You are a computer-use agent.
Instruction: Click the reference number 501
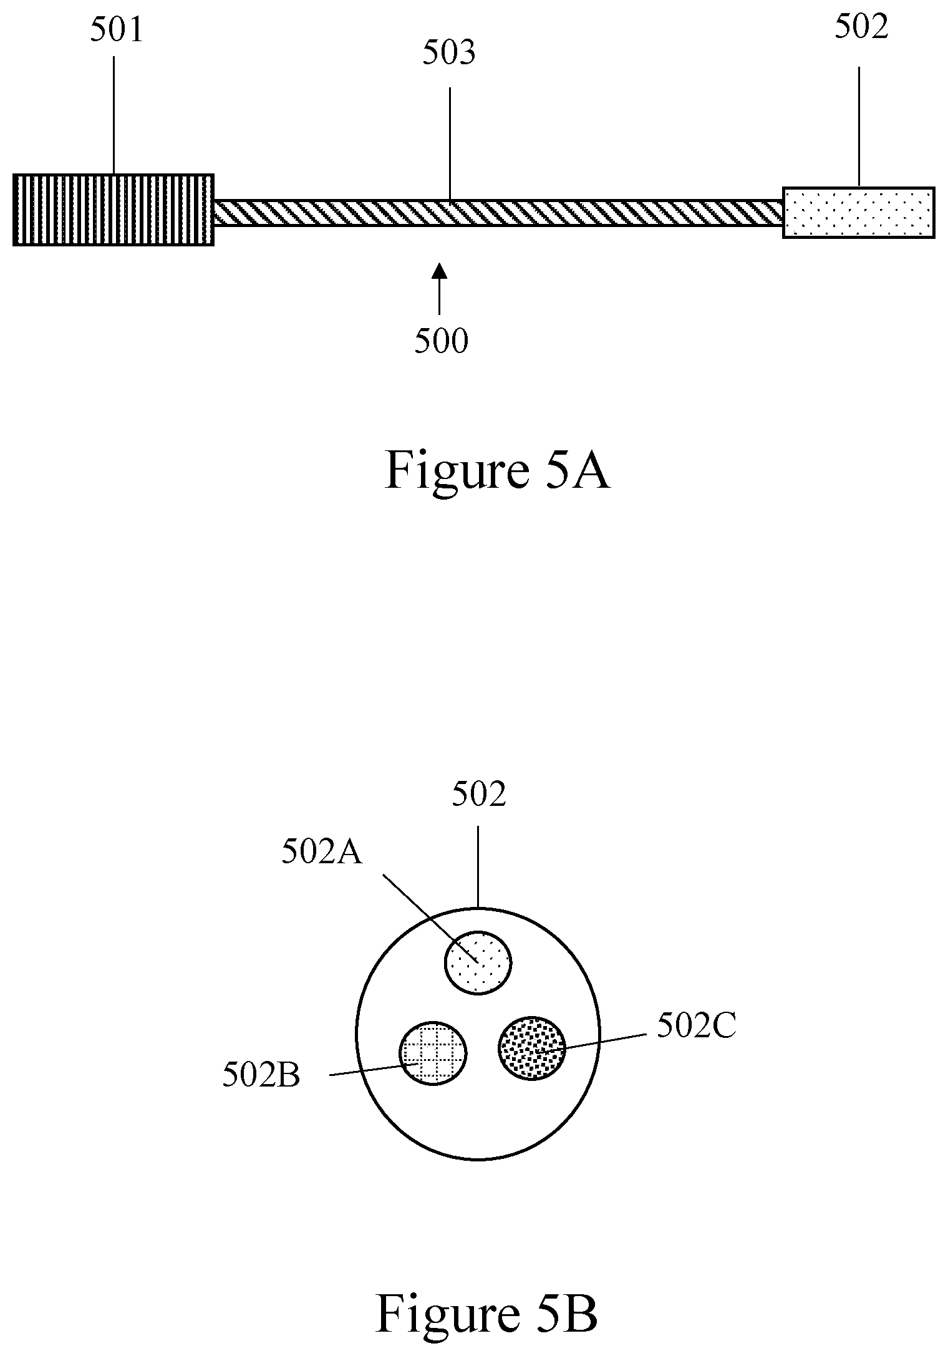tap(117, 31)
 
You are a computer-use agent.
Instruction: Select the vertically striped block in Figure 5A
tap(114, 210)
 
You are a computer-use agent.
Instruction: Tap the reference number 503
tap(448, 54)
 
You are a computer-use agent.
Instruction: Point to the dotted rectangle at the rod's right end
tap(858, 212)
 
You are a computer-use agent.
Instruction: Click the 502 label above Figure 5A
tap(861, 28)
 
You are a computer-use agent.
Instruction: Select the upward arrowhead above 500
tap(440, 271)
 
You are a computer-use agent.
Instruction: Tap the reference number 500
tap(441, 341)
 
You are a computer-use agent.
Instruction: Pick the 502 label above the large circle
tap(478, 795)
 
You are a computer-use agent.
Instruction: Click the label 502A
tap(322, 852)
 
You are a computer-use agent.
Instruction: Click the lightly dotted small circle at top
tap(478, 962)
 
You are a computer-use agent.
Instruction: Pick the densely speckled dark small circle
tap(531, 1047)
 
